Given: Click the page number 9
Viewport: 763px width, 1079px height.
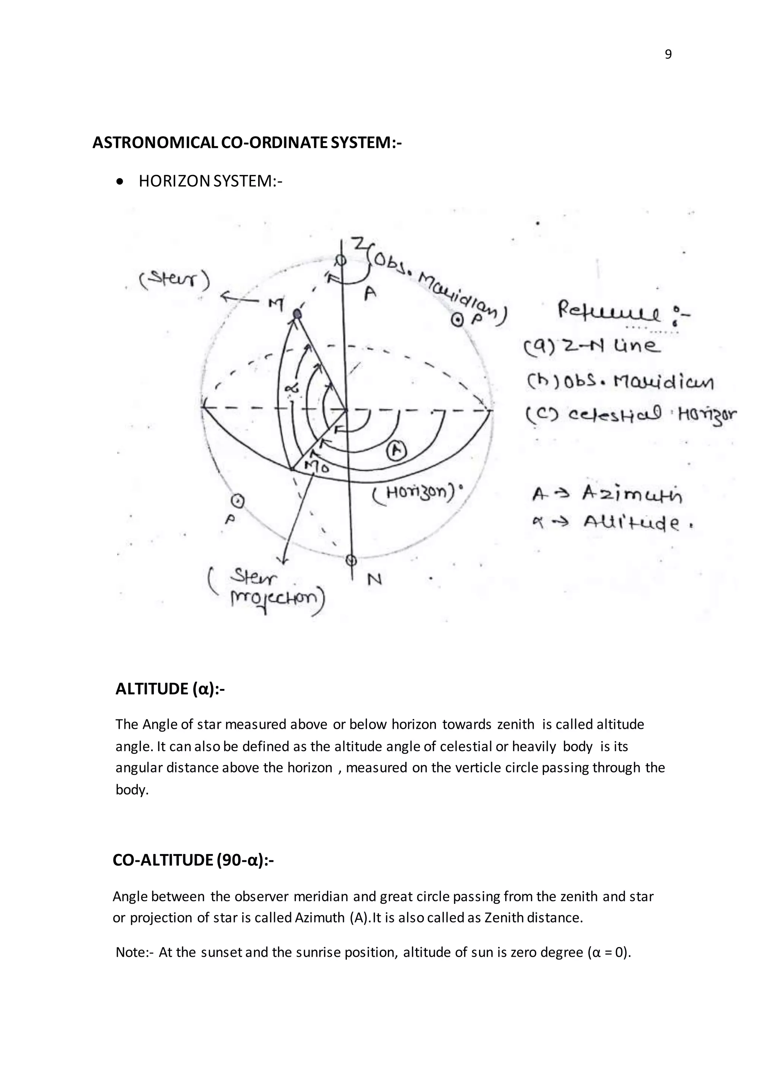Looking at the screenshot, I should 668,55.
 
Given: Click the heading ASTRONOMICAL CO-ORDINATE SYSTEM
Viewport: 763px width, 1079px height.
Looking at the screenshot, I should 247,142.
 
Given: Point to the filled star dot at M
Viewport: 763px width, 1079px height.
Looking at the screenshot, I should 297,314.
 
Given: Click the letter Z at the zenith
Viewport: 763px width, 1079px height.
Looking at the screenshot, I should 359,244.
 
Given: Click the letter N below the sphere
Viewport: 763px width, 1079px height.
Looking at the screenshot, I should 374,580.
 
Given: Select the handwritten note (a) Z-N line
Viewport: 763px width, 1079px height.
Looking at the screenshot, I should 591,347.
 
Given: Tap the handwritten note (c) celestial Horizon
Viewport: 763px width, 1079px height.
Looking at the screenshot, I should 630,415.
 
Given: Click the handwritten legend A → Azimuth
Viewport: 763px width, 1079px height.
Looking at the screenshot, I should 607,494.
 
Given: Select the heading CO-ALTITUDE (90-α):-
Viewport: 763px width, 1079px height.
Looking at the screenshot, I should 193,860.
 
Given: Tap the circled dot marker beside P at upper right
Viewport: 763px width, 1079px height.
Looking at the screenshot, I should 456,320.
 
